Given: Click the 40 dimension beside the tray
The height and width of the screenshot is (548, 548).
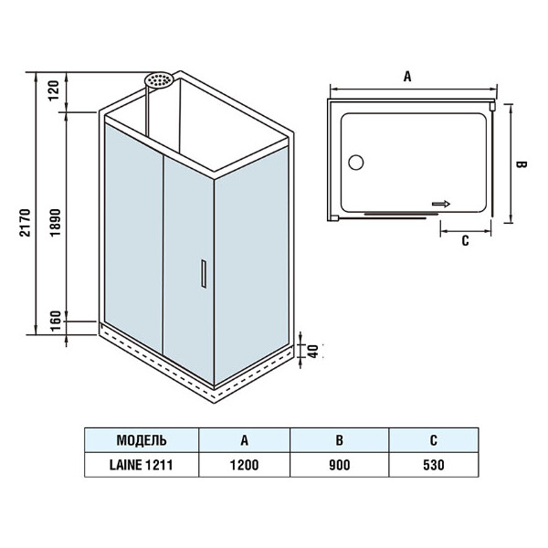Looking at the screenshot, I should pyautogui.click(x=312, y=352).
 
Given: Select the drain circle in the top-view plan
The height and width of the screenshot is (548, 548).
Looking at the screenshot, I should pyautogui.click(x=355, y=163).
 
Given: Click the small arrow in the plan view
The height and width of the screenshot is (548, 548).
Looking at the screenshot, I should pyautogui.click(x=442, y=205).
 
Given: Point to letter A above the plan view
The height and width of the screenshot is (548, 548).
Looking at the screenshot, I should pyautogui.click(x=407, y=78).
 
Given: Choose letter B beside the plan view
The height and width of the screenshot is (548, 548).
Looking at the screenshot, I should pyautogui.click(x=519, y=164).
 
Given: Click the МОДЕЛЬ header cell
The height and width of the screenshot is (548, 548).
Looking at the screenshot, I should pyautogui.click(x=142, y=439).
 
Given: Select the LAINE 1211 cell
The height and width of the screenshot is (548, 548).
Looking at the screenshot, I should pyautogui.click(x=142, y=464).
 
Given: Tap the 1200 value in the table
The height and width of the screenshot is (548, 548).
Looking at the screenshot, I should pyautogui.click(x=244, y=464).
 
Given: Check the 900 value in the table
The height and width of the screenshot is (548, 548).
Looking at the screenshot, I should pyautogui.click(x=339, y=464).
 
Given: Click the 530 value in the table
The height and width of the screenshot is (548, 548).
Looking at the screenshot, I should pyautogui.click(x=432, y=464).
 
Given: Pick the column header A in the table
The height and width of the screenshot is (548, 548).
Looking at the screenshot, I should pyautogui.click(x=244, y=439).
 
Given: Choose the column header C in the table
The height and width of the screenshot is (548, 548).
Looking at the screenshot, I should pyautogui.click(x=432, y=439).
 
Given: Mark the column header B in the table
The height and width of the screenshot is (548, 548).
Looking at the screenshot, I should pyautogui.click(x=339, y=439).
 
